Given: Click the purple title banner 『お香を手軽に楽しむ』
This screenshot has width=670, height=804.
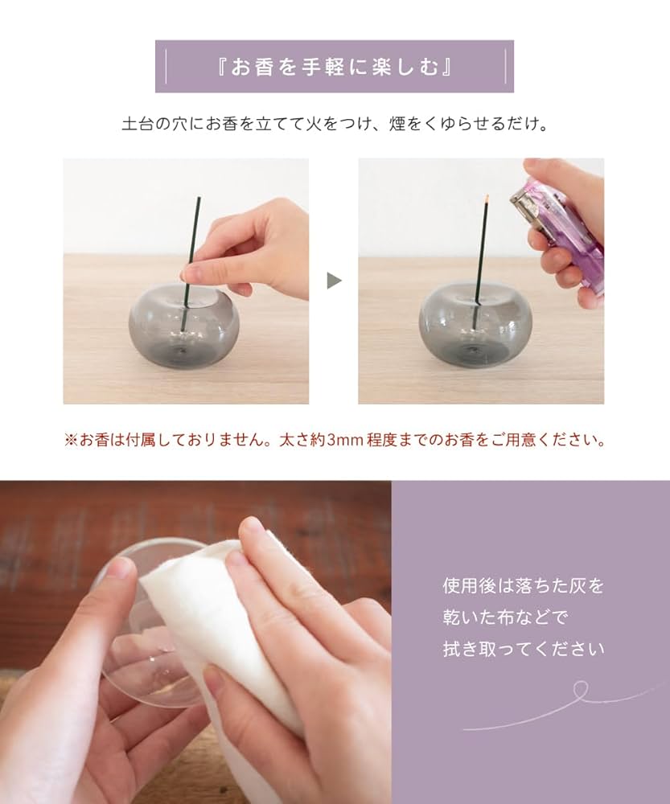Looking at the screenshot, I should [x=334, y=67].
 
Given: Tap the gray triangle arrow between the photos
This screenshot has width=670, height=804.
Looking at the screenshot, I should [x=334, y=281].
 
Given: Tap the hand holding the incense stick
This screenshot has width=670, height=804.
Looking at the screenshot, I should [x=257, y=249].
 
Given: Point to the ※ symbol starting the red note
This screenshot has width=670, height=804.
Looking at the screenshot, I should [x=70, y=441].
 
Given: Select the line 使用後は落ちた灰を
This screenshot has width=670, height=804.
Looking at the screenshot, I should [x=523, y=586].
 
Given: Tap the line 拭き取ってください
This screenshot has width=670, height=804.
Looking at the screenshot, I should [x=523, y=648].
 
